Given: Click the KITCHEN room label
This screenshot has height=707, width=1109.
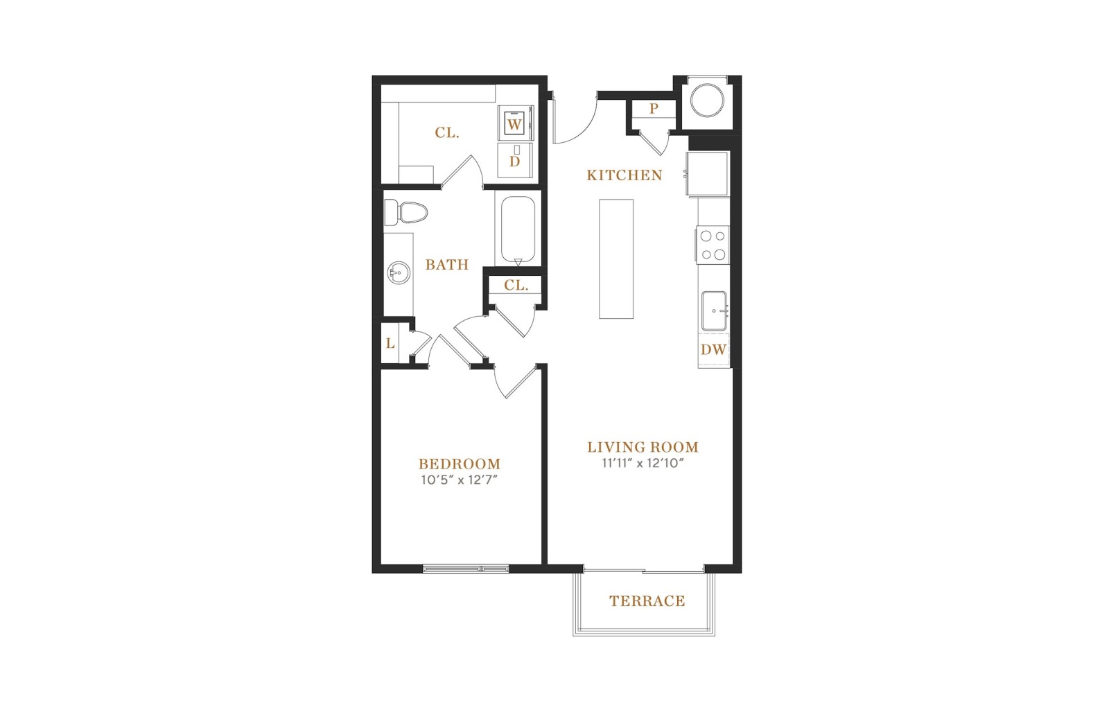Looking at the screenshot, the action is pyautogui.click(x=625, y=175).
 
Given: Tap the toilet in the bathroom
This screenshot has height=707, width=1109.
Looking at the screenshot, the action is pyautogui.click(x=405, y=212).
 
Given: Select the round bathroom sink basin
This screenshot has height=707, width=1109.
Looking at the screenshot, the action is pyautogui.click(x=398, y=273).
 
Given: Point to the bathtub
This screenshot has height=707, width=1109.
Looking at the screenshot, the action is pyautogui.click(x=518, y=229).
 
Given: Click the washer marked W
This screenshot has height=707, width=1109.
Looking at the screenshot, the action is pyautogui.click(x=515, y=123).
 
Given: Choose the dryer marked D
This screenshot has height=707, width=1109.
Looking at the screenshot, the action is pyautogui.click(x=515, y=160).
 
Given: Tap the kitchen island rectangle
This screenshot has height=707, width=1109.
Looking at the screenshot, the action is pyautogui.click(x=616, y=259).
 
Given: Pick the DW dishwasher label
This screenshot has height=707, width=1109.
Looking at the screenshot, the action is pyautogui.click(x=713, y=349).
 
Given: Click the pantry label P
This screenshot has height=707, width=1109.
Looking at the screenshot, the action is pyautogui.click(x=654, y=108).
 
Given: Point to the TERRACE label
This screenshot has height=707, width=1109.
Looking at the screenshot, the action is pyautogui.click(x=647, y=601).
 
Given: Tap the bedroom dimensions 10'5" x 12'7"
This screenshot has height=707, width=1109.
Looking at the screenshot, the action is pyautogui.click(x=459, y=480).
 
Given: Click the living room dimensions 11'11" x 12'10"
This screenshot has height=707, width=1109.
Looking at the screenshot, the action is pyautogui.click(x=643, y=464).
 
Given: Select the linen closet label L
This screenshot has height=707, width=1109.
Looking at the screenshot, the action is pyautogui.click(x=391, y=344).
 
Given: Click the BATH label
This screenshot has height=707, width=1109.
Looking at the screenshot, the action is pyautogui.click(x=447, y=265).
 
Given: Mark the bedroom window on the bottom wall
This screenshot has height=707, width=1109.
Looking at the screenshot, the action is pyautogui.click(x=466, y=569).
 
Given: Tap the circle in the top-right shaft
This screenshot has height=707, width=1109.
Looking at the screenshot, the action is pyautogui.click(x=707, y=101).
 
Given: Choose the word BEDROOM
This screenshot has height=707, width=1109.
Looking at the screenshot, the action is pyautogui.click(x=460, y=464).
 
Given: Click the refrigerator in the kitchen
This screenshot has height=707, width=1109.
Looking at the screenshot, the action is pyautogui.click(x=708, y=174).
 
